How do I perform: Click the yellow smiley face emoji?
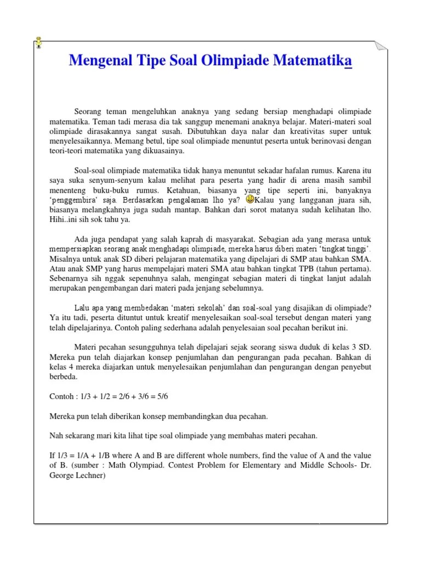249,199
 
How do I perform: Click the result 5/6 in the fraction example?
175,396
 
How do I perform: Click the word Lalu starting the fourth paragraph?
83,308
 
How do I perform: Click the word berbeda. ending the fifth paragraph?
64,377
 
